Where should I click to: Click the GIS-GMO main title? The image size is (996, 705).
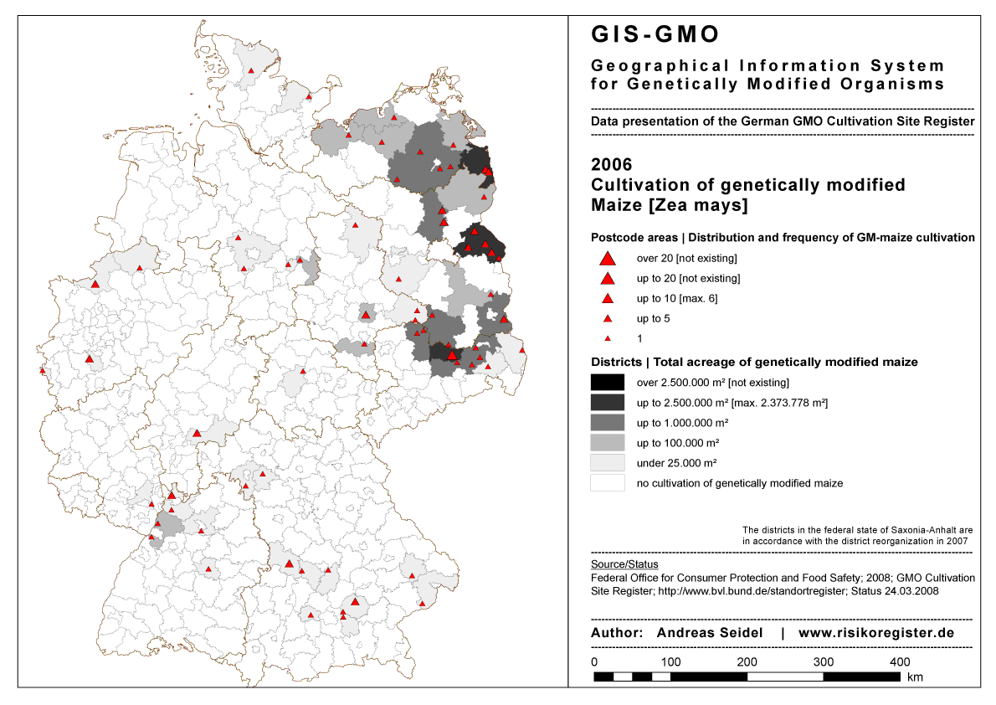[x=655, y=34]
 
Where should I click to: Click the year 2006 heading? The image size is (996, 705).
[x=612, y=164]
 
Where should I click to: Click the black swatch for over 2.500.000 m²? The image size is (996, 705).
[x=608, y=383]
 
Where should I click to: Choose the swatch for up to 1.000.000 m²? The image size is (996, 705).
[x=608, y=423]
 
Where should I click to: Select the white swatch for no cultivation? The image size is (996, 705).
[x=608, y=483]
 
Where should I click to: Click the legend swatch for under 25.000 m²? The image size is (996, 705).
[x=608, y=463]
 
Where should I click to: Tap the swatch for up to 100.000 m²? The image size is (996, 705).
[x=608, y=443]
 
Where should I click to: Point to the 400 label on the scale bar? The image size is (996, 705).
[x=900, y=662]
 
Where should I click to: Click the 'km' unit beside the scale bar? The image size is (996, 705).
[x=915, y=677]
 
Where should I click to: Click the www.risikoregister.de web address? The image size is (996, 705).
[x=876, y=633]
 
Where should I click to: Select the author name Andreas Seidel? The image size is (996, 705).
[x=710, y=633]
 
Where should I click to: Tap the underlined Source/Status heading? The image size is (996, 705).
[x=624, y=564]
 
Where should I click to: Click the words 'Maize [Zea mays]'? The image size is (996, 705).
[x=670, y=205]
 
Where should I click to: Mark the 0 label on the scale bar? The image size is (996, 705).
[x=594, y=662]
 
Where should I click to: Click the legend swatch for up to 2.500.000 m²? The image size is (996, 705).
[x=608, y=403]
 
